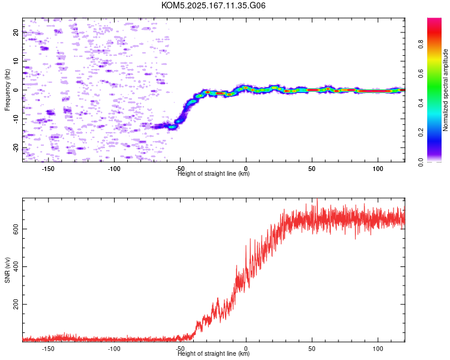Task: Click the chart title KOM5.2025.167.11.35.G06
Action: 213,5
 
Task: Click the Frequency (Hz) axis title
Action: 7,90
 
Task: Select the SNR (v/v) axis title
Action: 7,270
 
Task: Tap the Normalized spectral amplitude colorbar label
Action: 445,90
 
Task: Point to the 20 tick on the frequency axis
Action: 16,32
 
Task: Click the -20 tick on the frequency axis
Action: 16,148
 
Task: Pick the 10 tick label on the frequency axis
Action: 16,61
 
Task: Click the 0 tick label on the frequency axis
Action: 16,90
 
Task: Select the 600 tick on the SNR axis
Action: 16,229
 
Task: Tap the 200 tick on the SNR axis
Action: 16,304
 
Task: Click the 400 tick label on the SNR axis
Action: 16,266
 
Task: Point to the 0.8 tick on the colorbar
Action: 421,44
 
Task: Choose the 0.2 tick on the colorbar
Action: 421,133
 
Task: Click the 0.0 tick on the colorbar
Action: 421,162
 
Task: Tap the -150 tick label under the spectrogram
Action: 48,169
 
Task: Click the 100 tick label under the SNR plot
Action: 378,349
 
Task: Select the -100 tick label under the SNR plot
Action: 114,349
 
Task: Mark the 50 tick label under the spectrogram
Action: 312,169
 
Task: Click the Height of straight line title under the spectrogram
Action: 214,173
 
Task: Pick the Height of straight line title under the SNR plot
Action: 214,353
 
